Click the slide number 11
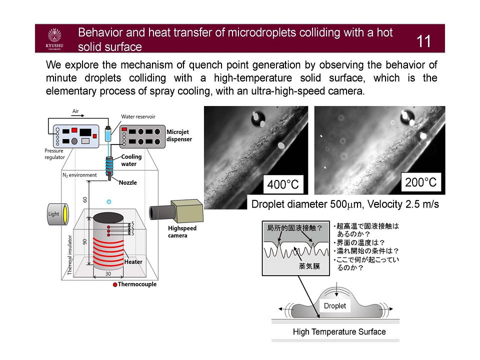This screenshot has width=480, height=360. pos(423,41)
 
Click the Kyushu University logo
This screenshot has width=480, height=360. pos(54,39)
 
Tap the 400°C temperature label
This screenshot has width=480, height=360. pos(282,185)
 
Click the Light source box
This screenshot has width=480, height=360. pos(53,214)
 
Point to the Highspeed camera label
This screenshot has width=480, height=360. pos(182,231)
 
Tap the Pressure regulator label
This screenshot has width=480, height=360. pos(55,154)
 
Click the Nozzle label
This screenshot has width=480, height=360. pos(127,182)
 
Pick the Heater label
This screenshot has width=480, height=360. pos(133,261)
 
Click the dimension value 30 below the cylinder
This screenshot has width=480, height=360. pos(107,274)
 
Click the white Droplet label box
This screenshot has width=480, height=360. pos(334,305)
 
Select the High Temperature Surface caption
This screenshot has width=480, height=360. pos(339,332)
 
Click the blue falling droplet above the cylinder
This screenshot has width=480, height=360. pos(108,201)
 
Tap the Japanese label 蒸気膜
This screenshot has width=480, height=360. pos(309,266)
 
